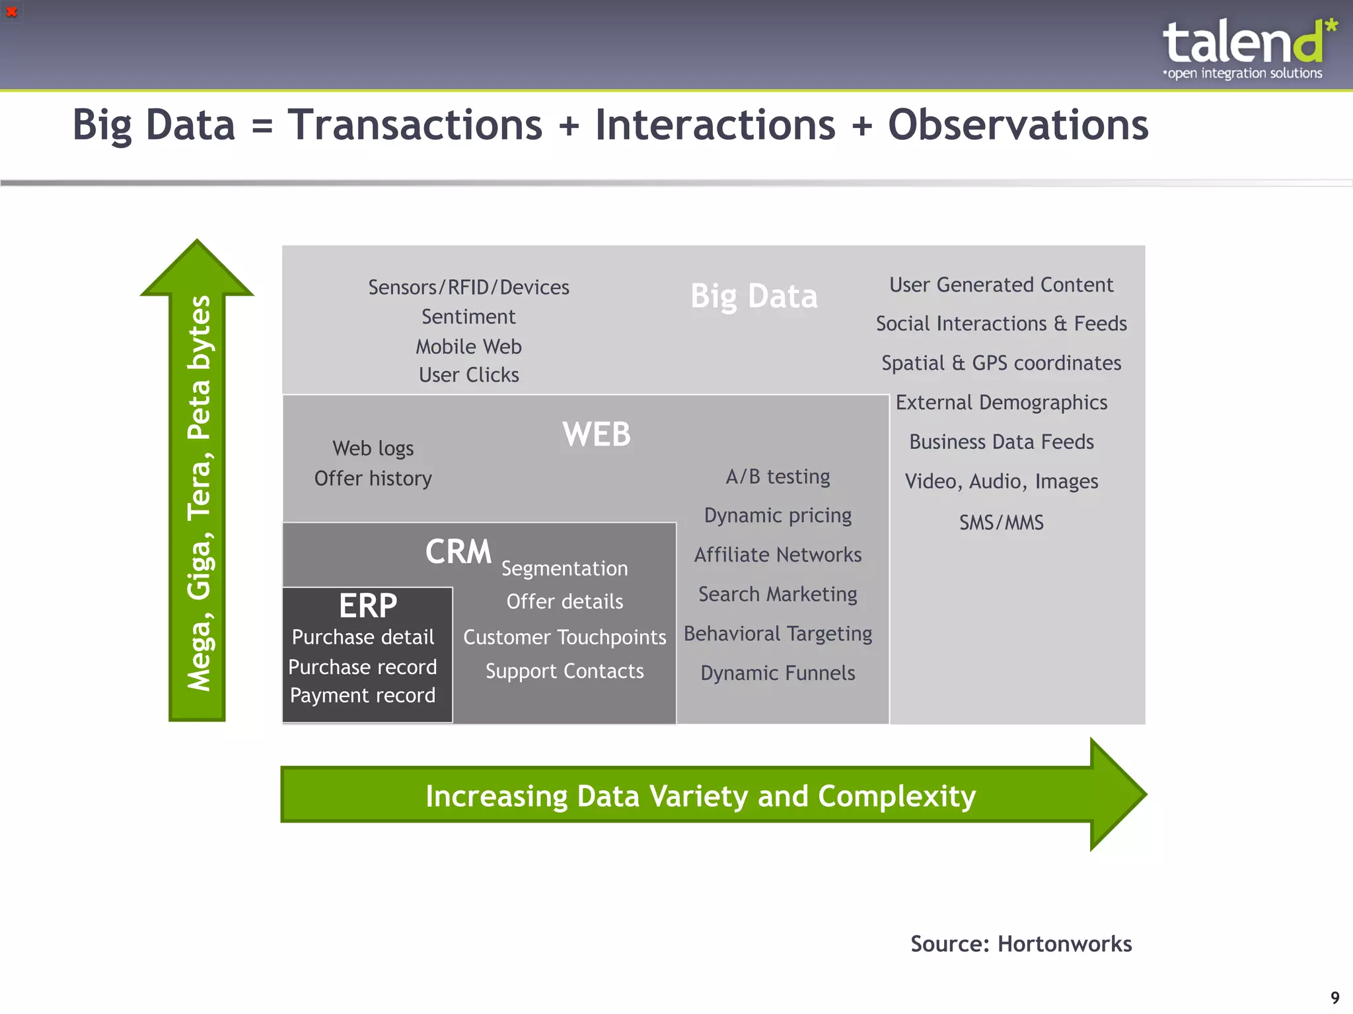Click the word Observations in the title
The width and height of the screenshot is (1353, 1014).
point(1017,125)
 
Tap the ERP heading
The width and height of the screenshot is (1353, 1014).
point(368,605)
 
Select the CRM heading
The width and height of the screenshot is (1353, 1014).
point(458,551)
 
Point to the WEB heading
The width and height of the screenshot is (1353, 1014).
point(596,434)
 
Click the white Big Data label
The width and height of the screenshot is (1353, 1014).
point(754,296)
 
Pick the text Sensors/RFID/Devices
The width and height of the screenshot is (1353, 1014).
point(468,287)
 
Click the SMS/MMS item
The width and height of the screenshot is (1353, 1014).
point(1001,523)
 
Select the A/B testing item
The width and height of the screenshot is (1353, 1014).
point(778,477)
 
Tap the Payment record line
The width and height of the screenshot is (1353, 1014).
point(362,695)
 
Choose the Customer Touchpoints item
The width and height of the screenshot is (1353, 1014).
point(564,637)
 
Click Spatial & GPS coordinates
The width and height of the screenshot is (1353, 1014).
point(1001,363)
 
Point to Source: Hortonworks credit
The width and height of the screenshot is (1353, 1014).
point(1021,944)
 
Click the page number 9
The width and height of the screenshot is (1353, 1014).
point(1335,997)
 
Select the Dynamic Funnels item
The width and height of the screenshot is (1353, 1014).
point(778,673)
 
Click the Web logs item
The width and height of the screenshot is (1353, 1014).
point(373,448)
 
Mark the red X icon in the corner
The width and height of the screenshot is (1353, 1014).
point(11,11)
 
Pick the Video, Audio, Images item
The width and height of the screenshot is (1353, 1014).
point(1001,481)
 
